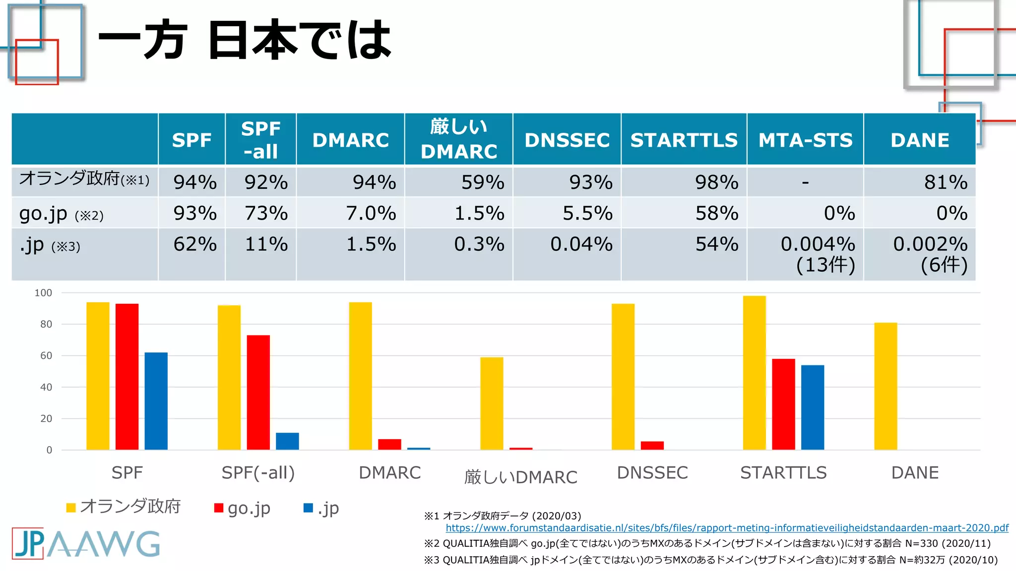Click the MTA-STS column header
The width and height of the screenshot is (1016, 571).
pyautogui.click(x=805, y=140)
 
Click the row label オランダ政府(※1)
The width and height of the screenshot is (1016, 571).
pyautogui.click(x=84, y=179)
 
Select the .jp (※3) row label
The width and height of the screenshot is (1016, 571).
pyautogui.click(x=50, y=245)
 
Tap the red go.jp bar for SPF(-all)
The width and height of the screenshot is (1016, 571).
pyautogui.click(x=258, y=392)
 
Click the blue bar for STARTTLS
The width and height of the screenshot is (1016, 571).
pyautogui.click(x=812, y=407)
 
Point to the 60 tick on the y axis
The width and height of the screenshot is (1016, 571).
pyautogui.click(x=46, y=355)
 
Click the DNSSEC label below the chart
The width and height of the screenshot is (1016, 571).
pyautogui.click(x=652, y=473)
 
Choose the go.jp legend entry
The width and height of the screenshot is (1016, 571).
pyautogui.click(x=243, y=508)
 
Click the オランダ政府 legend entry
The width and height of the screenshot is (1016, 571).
pyautogui.click(x=124, y=507)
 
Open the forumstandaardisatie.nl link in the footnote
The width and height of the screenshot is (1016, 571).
pyautogui.click(x=727, y=528)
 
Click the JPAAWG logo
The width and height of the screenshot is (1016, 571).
pyautogui.click(x=86, y=544)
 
